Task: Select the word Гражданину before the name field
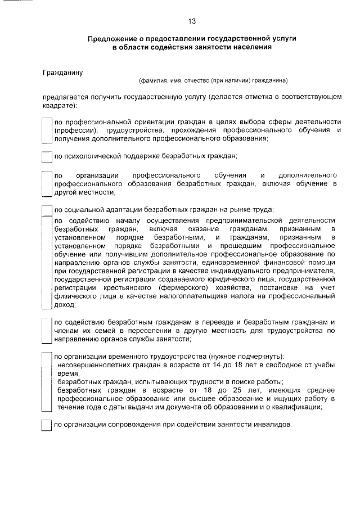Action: pyautogui.click(x=63, y=73)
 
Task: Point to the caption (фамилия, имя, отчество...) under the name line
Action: pyautogui.click(x=213, y=80)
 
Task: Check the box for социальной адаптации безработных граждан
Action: pyautogui.click(x=47, y=210)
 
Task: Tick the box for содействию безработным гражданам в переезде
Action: pyautogui.click(x=47, y=331)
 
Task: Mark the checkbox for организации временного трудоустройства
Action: pyautogui.click(x=47, y=382)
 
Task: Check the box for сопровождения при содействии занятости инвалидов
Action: pyautogui.click(x=47, y=425)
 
